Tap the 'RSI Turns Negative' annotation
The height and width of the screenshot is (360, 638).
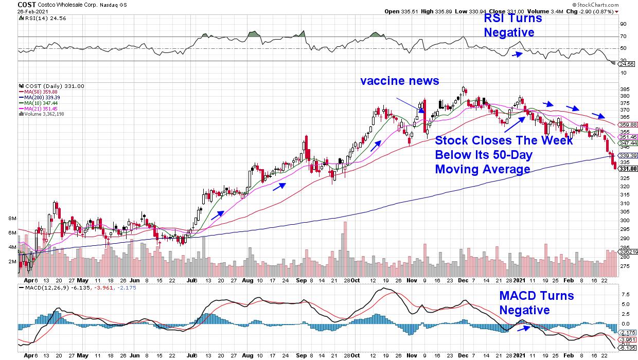(512, 25)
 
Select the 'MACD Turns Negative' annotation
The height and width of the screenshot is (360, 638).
(536, 303)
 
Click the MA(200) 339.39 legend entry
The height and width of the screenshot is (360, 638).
(39, 98)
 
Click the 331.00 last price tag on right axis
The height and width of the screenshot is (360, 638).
(629, 168)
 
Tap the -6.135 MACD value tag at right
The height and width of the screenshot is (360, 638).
(629, 348)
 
